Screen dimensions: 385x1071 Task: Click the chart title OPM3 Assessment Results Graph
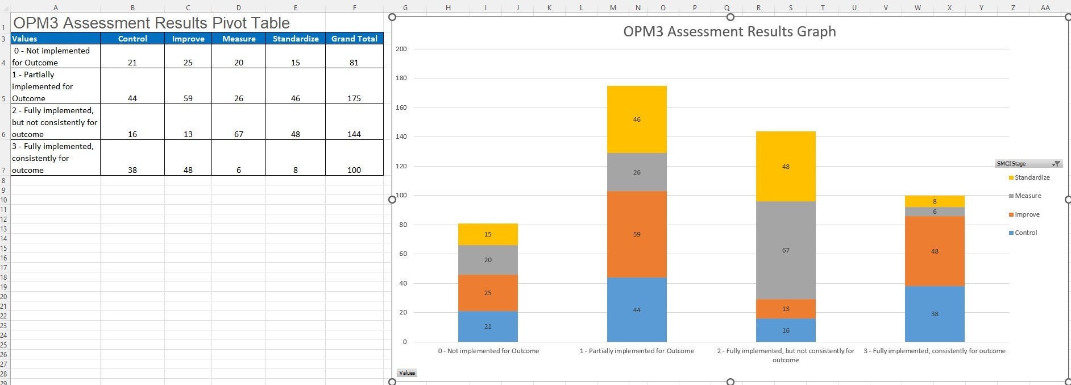[729, 31]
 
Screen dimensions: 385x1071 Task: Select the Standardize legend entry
[1032, 177]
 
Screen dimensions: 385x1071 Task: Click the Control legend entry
[1026, 233]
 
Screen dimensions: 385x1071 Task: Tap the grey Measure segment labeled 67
[786, 250]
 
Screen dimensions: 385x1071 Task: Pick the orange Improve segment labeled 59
[637, 234]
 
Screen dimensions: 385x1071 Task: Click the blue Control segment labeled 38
[935, 314]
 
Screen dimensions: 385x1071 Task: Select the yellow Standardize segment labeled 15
[488, 234]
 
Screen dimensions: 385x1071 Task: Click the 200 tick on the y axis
[401, 49]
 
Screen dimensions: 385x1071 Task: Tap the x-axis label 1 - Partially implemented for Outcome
[637, 351]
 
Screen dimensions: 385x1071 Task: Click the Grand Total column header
[354, 39]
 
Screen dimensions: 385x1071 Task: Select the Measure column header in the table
[239, 39]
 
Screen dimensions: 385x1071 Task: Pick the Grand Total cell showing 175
[354, 98]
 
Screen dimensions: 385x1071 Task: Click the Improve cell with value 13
[188, 134]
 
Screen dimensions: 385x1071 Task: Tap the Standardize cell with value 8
[296, 170]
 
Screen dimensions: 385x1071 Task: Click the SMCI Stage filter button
[1056, 164]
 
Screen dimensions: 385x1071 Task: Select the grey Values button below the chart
[407, 373]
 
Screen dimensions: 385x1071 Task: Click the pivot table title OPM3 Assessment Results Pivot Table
[151, 23]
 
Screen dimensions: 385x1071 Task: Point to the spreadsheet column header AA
[1045, 8]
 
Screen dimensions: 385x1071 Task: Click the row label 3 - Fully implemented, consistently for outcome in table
[53, 158]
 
